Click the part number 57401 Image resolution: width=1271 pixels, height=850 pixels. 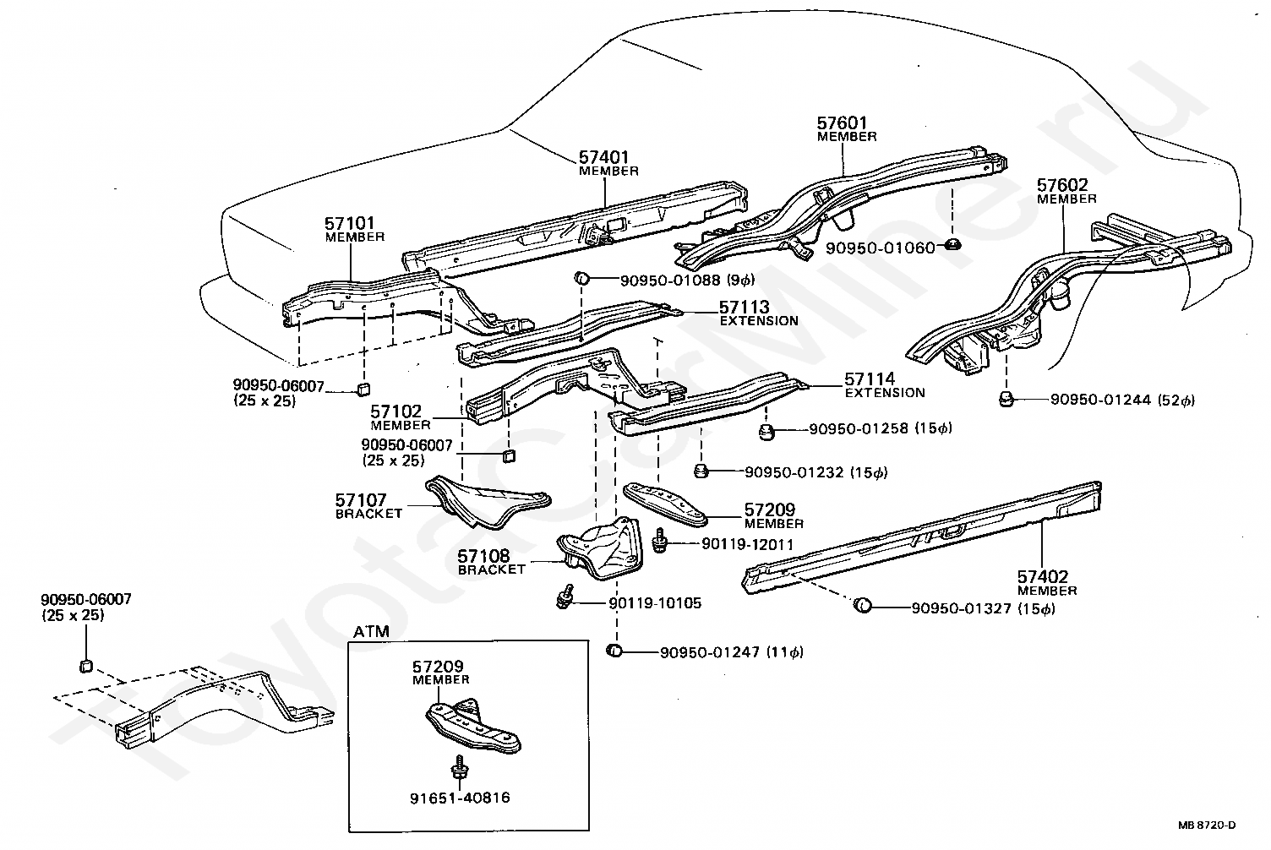pos(603,157)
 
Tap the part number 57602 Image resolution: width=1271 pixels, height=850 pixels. pos(1063,185)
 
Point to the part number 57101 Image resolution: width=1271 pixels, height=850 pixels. pos(350,223)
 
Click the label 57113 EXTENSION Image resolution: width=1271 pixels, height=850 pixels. pos(758,313)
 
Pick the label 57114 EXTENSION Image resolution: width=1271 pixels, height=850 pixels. pos(884,385)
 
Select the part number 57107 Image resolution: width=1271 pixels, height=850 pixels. pos(361,500)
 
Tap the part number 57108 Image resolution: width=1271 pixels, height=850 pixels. pos(483,556)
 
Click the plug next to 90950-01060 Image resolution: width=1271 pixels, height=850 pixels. pos(951,246)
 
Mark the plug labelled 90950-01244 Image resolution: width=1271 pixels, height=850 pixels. pos(1006,399)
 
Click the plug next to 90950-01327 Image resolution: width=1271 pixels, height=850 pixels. pos(862,606)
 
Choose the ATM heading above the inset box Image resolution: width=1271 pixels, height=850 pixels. pos(372,631)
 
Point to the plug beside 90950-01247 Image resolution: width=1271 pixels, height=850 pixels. pos(615,651)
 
